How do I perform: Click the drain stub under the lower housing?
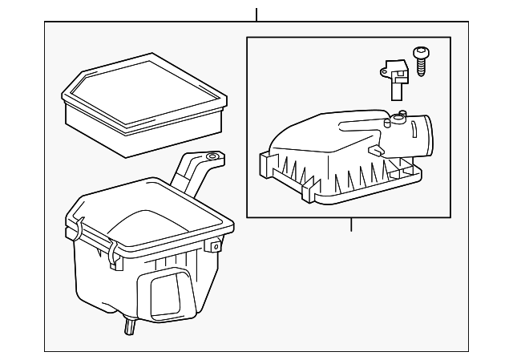[127, 325]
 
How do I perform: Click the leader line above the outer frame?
[256, 14]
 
